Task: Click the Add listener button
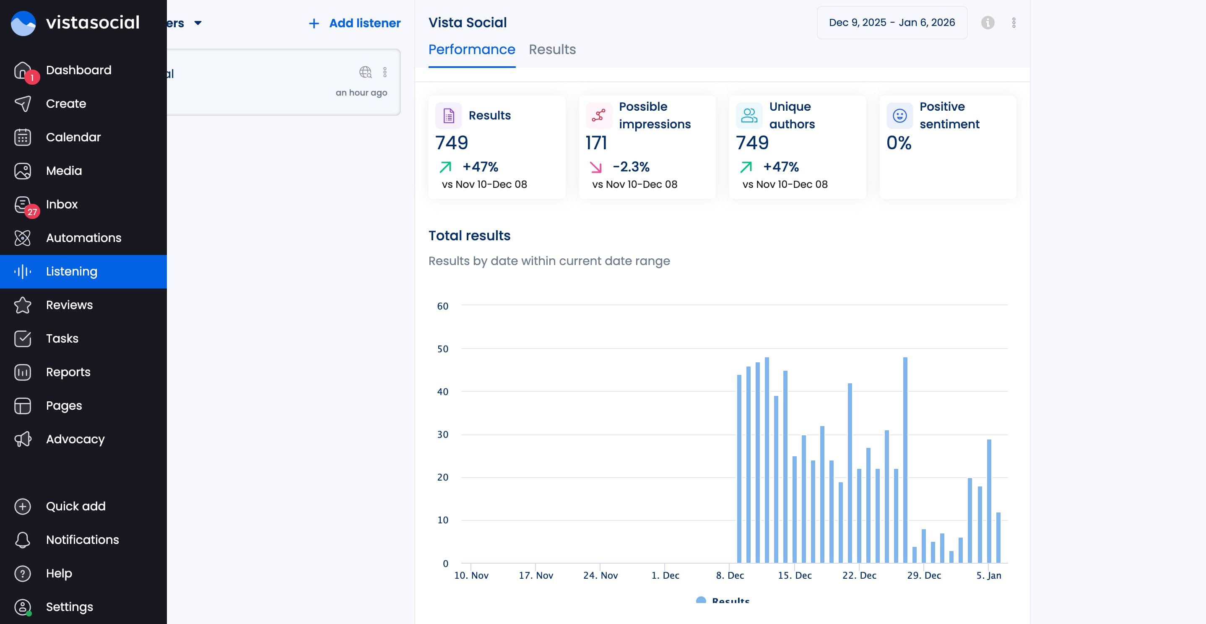[354, 23]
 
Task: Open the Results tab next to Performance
[552, 49]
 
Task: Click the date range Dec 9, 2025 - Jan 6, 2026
[892, 23]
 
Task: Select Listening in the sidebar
[72, 271]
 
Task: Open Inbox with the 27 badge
[61, 205]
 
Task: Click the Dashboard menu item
[78, 70]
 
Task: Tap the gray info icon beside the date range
[988, 23]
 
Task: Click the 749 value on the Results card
[451, 143]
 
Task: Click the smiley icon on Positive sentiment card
[899, 116]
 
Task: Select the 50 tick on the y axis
[442, 349]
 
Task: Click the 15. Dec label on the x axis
[795, 575]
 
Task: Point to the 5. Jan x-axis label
[988, 575]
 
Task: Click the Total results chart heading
[469, 235]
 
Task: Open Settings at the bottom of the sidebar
[69, 607]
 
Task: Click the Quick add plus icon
[23, 507]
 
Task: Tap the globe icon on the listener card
[365, 72]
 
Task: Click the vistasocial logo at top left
[75, 23]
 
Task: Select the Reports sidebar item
[68, 372]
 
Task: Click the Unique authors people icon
[749, 116]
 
